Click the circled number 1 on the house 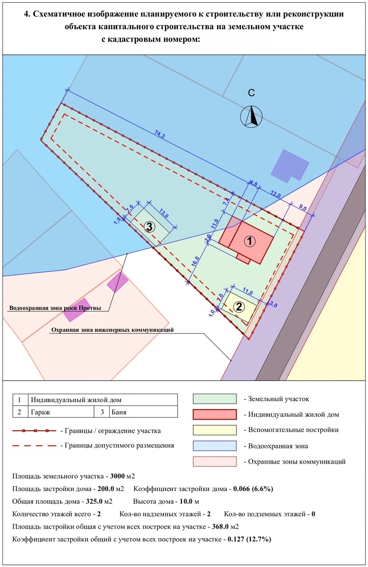coord(249,241)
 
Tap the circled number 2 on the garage coord(239,306)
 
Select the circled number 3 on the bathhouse coord(149,227)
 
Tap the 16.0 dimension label coord(196,262)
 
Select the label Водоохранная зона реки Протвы coord(55,309)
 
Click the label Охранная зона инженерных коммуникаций coord(112,330)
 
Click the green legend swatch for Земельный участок coord(214,399)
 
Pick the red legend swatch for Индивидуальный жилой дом coord(214,414)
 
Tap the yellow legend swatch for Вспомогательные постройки coord(214,430)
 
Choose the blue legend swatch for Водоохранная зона coord(214,446)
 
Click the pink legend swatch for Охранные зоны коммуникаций coord(214,461)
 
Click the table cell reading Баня coord(119,412)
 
